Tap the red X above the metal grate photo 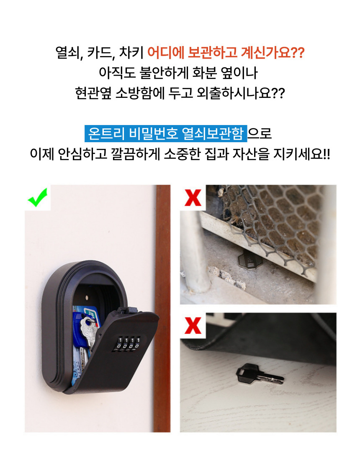click(x=193, y=198)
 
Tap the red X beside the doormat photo click(x=193, y=325)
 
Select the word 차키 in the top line click(x=131, y=53)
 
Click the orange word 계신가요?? click(x=272, y=53)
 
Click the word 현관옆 click(x=93, y=93)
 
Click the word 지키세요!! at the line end click(x=301, y=154)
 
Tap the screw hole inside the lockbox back click(x=87, y=297)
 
